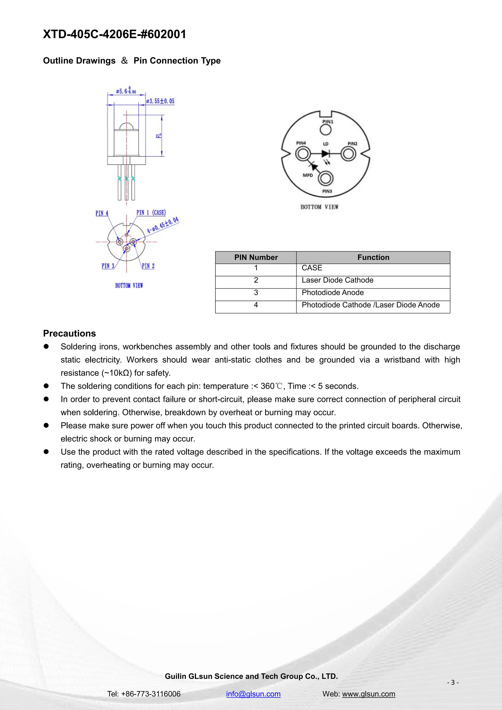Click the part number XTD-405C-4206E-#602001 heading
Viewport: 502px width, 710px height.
click(x=114, y=34)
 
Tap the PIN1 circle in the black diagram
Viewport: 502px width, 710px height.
click(x=326, y=130)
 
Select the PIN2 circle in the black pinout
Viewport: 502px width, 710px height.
click(x=348, y=154)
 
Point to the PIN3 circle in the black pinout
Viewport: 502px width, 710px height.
click(x=326, y=179)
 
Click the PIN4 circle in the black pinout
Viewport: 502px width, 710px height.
click(x=303, y=154)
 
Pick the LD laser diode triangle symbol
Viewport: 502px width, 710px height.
click(x=325, y=154)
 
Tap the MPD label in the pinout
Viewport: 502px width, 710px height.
click(x=308, y=175)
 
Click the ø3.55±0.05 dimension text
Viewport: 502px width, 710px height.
click(x=160, y=101)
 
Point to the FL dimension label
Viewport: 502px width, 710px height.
click(x=159, y=135)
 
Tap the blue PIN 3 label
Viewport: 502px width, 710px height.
click(x=108, y=266)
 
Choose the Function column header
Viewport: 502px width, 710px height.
click(x=373, y=257)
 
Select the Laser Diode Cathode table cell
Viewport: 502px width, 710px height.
click(x=337, y=280)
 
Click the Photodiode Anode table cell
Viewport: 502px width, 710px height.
click(x=333, y=292)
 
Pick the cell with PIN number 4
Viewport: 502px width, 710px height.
click(x=256, y=305)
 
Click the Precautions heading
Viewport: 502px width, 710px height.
click(x=70, y=333)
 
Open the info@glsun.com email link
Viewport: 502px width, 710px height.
click(x=253, y=694)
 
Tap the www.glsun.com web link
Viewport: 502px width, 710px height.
click(x=368, y=694)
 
